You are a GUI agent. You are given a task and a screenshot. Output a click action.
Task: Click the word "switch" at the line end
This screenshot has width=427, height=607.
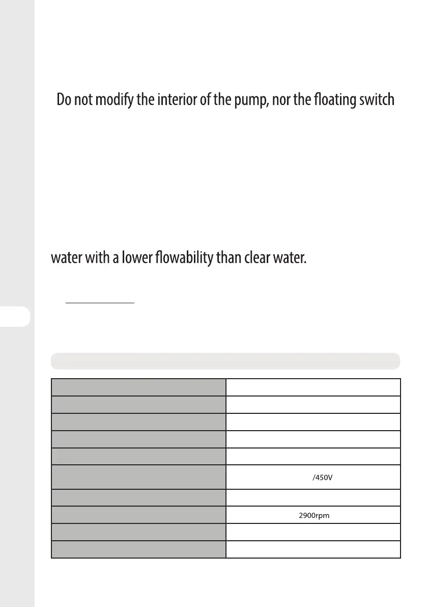(x=379, y=99)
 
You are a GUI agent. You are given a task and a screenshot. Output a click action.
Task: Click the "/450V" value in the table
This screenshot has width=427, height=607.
(x=321, y=478)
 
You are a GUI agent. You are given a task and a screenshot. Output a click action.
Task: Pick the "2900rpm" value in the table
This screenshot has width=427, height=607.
(x=314, y=515)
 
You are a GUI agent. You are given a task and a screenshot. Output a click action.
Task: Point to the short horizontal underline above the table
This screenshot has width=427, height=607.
(x=100, y=303)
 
